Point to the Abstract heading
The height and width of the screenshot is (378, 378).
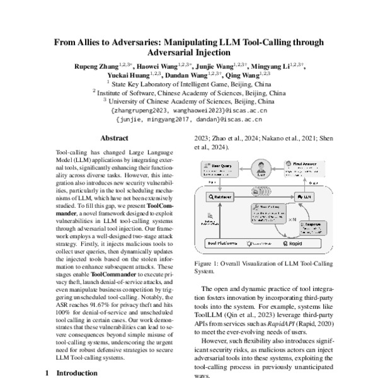click(116, 138)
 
